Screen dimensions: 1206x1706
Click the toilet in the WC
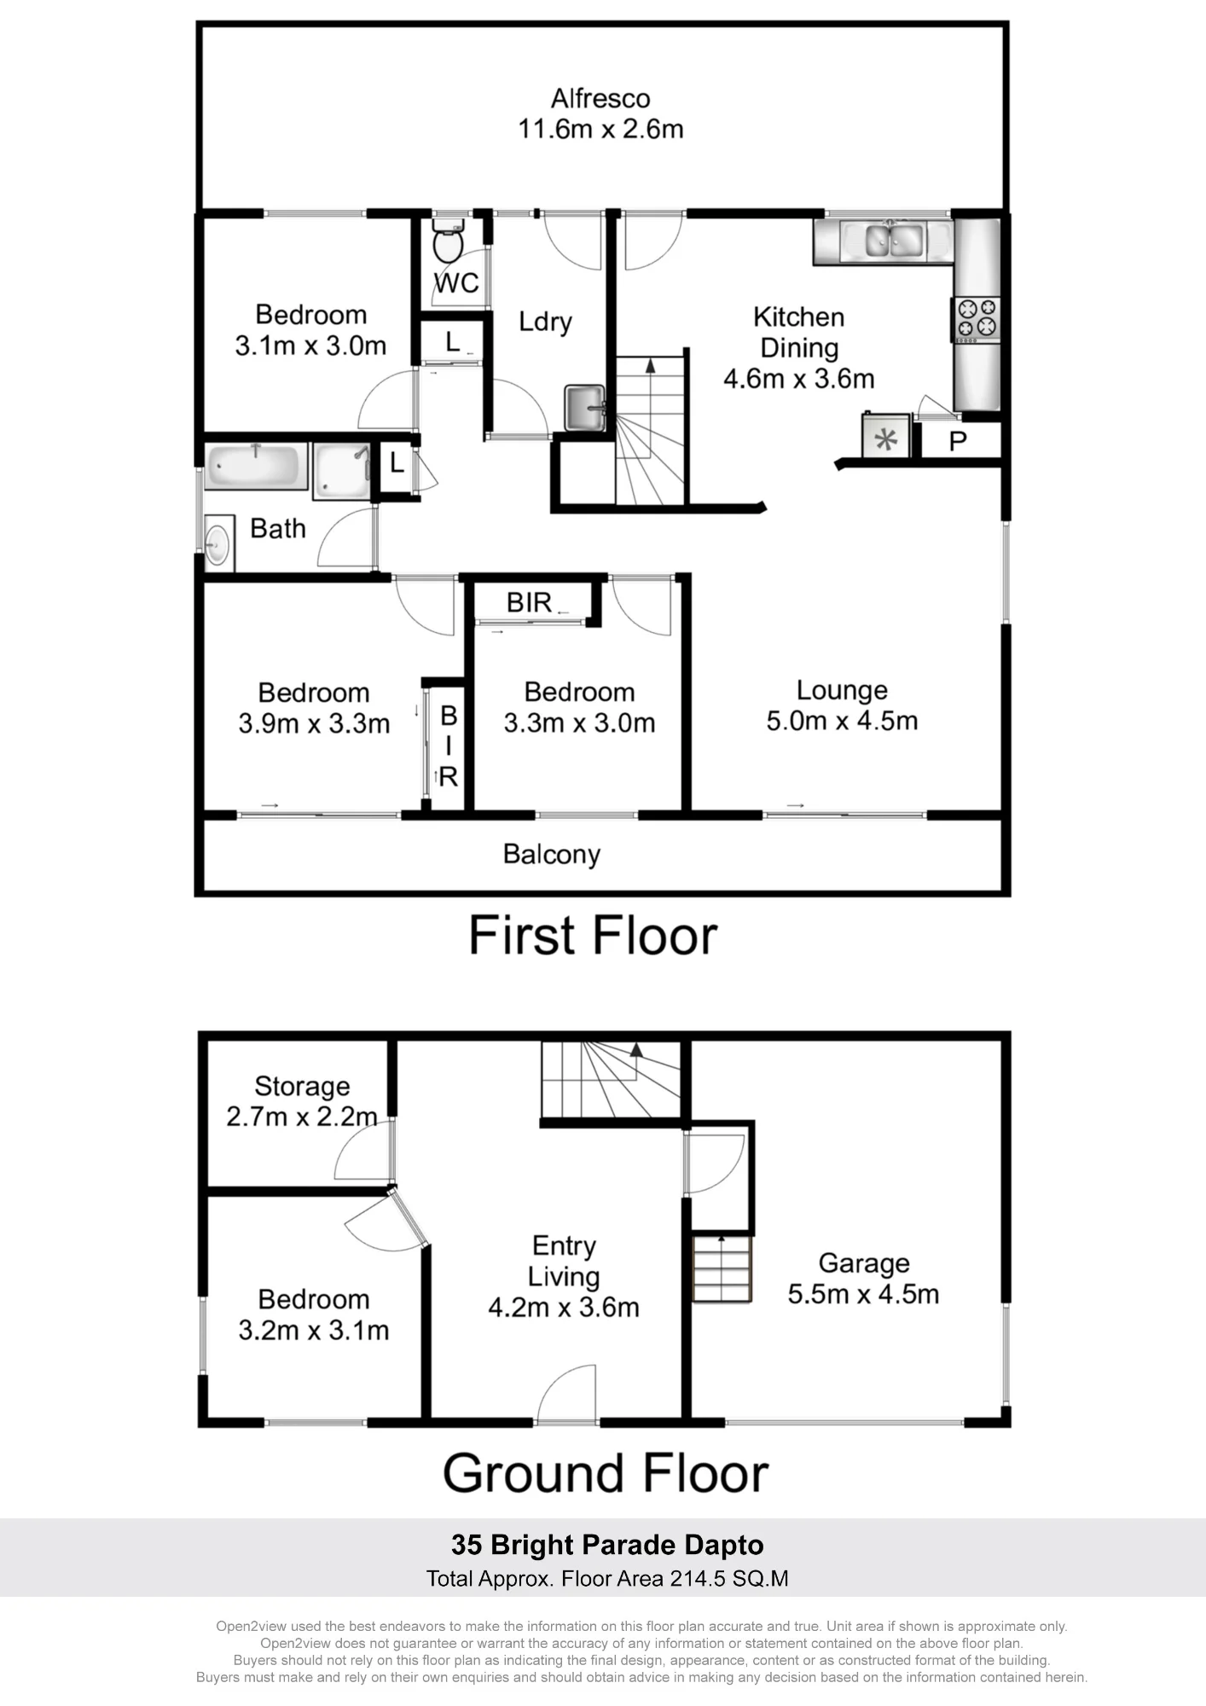point(448,240)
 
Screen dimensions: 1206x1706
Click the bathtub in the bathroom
point(256,466)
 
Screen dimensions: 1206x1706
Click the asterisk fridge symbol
point(887,439)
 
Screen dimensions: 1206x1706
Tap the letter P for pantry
point(958,441)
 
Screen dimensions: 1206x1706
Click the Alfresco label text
point(600,98)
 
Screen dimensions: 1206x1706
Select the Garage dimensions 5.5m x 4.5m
point(863,1293)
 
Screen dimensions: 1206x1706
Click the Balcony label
point(552,854)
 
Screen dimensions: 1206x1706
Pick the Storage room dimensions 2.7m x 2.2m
point(302,1116)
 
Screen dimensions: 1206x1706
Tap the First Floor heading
point(594,936)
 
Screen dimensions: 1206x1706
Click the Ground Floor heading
point(606,1473)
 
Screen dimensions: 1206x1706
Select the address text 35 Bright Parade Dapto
point(607,1545)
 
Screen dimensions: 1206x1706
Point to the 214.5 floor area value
point(698,1579)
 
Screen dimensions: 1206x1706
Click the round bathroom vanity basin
point(217,543)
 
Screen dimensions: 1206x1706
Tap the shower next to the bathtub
point(342,470)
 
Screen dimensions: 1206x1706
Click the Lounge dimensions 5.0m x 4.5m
point(842,721)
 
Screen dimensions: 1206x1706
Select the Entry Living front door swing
point(567,1393)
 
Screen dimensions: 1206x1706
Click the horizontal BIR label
point(529,602)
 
